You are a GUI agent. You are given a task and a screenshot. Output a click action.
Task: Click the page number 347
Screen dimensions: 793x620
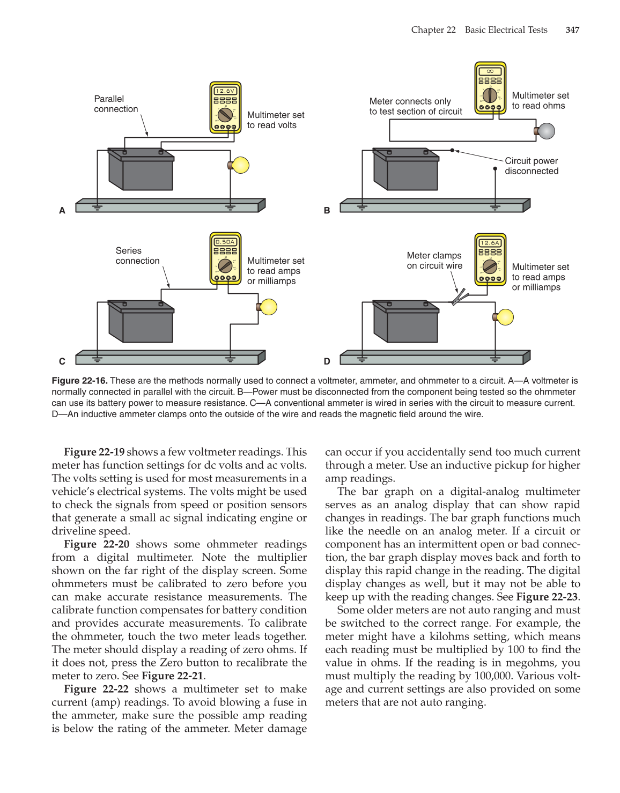pyautogui.click(x=572, y=30)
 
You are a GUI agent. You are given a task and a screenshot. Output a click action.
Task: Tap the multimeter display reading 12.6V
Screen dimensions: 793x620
pyautogui.click(x=225, y=91)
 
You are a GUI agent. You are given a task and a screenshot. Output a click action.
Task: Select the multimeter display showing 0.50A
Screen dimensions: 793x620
pyautogui.click(x=225, y=242)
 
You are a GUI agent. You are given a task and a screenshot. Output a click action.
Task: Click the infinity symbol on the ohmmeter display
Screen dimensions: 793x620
pyautogui.click(x=490, y=71)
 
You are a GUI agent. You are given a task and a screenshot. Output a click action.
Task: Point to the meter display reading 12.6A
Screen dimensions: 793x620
pyautogui.click(x=490, y=243)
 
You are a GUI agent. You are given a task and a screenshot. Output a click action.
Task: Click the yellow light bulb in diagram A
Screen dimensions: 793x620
pyautogui.click(x=240, y=165)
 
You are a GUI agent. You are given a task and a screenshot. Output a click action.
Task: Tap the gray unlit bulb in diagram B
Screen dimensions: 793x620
pyautogui.click(x=546, y=131)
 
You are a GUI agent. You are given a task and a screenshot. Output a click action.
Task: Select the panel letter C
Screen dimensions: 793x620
pyautogui.click(x=62, y=361)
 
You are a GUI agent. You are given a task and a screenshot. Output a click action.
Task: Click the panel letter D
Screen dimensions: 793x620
pyautogui.click(x=327, y=361)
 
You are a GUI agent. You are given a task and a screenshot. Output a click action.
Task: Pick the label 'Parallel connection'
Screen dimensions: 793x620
pyautogui.click(x=116, y=104)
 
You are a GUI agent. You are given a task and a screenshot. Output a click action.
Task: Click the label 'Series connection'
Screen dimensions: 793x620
pyautogui.click(x=137, y=256)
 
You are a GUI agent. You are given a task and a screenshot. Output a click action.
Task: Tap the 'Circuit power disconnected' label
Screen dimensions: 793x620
pyautogui.click(x=531, y=166)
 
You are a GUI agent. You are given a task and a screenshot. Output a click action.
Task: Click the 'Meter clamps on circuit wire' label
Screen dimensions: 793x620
pyautogui.click(x=434, y=261)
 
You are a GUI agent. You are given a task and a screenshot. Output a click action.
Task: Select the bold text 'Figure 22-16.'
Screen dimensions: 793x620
pyautogui.click(x=79, y=381)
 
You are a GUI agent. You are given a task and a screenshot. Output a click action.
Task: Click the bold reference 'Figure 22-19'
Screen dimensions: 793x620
pyautogui.click(x=94, y=452)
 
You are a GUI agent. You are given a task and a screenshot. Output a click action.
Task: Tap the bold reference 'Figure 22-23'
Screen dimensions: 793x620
pyautogui.click(x=547, y=597)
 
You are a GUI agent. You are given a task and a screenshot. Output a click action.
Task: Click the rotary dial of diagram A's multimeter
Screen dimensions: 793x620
pyautogui.click(x=225, y=115)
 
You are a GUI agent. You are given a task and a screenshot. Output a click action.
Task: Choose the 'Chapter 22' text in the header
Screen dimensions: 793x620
pyautogui.click(x=433, y=30)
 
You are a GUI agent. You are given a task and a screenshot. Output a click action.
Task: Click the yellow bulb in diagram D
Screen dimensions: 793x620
pyautogui.click(x=505, y=317)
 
